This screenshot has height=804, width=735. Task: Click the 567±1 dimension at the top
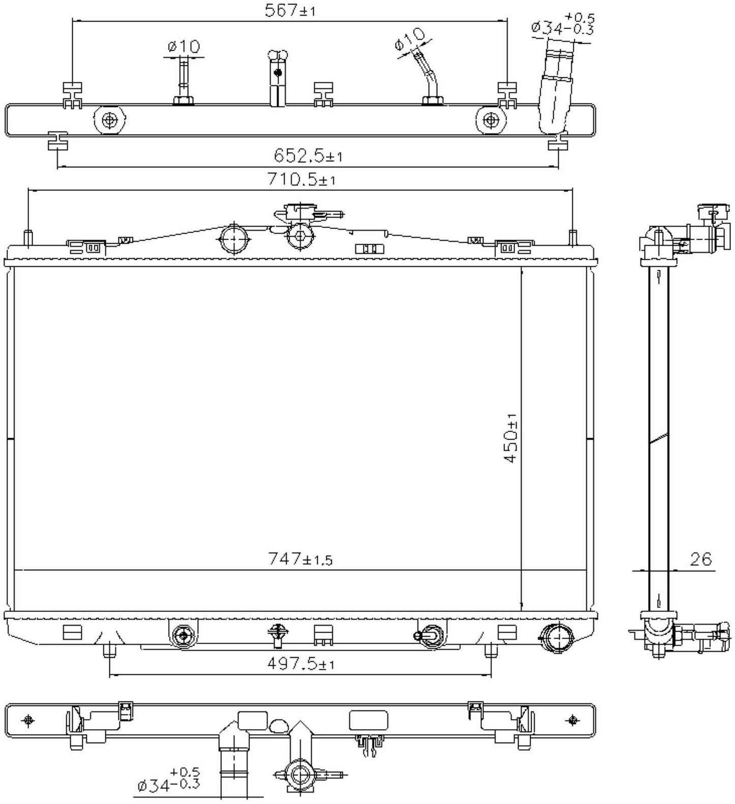[x=289, y=11]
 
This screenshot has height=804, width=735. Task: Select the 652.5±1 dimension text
[x=308, y=156]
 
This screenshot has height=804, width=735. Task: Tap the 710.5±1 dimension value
[x=301, y=180]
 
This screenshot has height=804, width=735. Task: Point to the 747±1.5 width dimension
[x=300, y=559]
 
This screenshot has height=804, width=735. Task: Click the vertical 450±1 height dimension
[x=510, y=437]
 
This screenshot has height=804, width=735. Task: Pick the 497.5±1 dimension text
[x=301, y=664]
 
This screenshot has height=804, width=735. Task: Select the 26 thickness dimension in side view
[x=700, y=559]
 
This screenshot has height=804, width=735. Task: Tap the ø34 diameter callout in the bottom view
[x=168, y=779]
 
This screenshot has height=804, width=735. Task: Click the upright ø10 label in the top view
[x=184, y=46]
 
